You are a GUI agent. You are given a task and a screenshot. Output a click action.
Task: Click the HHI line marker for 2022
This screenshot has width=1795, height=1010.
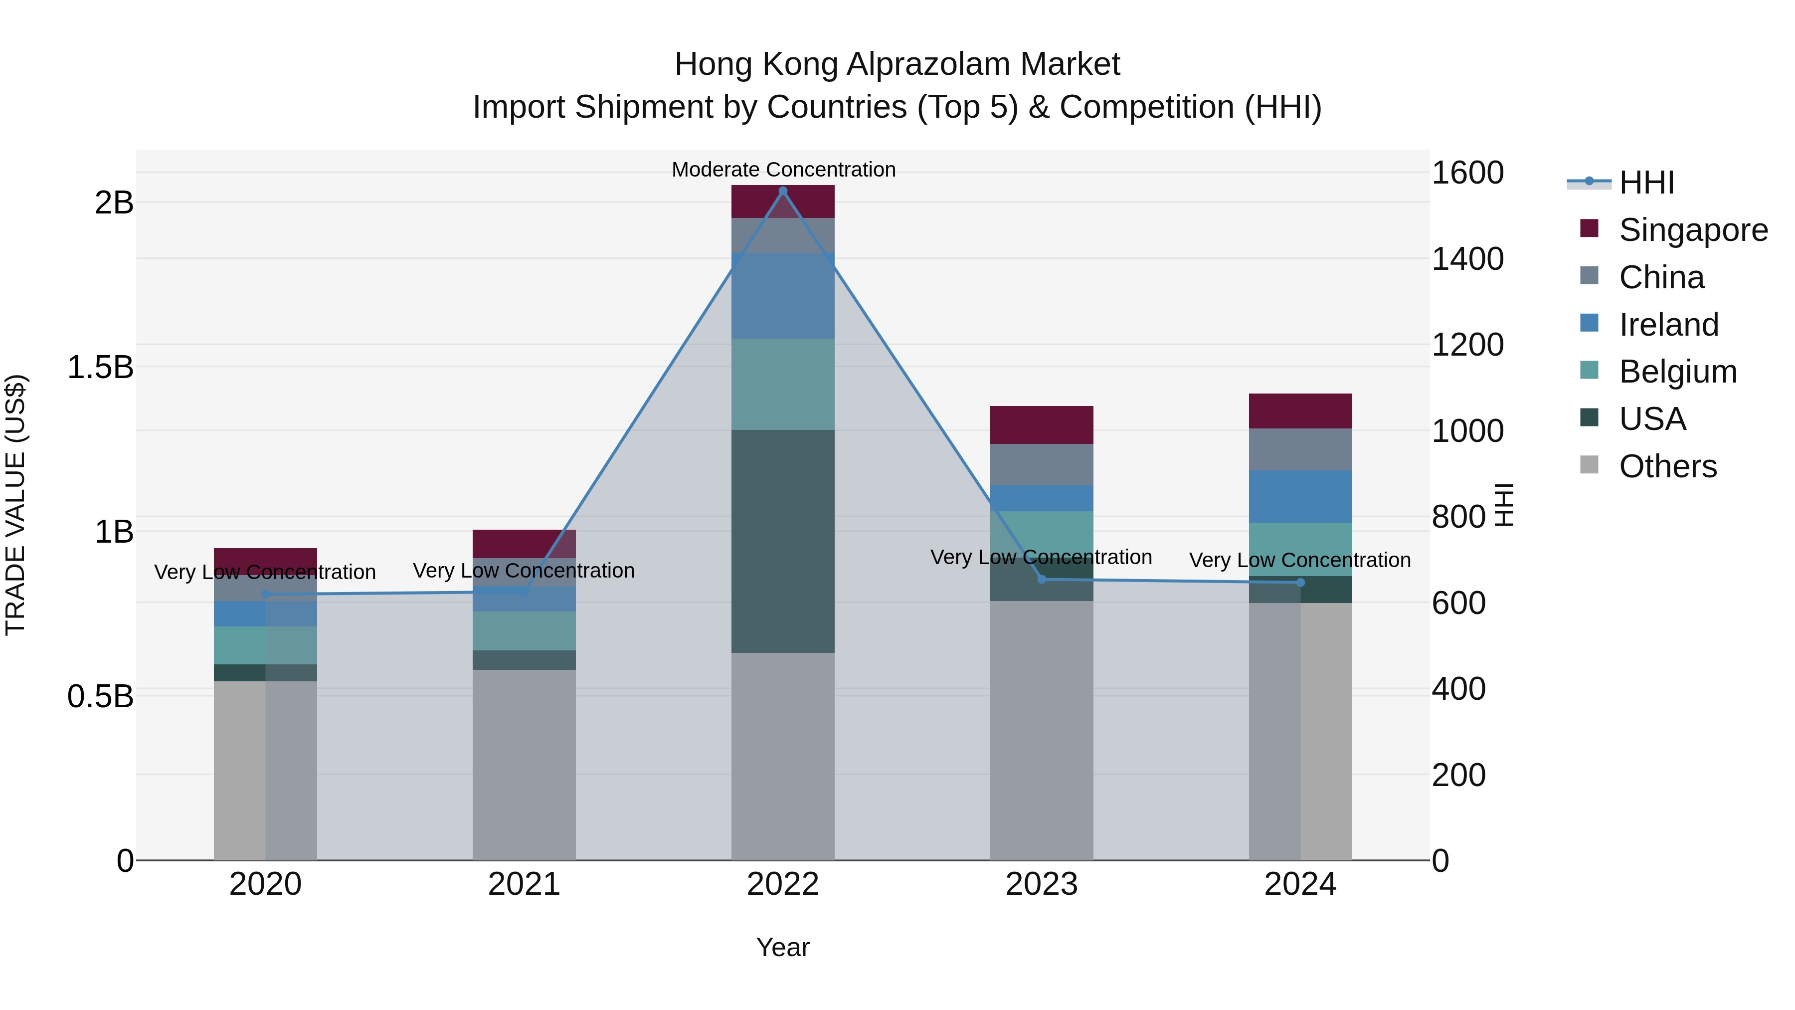[782, 191]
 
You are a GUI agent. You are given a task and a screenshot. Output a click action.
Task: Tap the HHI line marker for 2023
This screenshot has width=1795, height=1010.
[1042, 579]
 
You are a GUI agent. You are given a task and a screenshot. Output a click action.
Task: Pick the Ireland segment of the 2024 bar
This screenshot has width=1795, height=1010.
[1300, 496]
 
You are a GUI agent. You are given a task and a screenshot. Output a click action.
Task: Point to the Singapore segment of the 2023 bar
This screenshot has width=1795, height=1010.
[1042, 424]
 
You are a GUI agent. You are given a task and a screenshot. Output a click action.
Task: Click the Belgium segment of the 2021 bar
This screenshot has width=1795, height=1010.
[524, 631]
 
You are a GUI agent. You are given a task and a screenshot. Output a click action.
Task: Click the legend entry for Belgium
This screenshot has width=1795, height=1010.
[1677, 372]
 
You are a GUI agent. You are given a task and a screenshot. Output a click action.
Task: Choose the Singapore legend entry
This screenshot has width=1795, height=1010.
[1693, 230]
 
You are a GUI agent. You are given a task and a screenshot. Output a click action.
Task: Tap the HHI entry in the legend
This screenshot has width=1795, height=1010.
[1646, 183]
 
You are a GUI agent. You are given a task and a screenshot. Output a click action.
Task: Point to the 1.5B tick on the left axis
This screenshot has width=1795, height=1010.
[100, 367]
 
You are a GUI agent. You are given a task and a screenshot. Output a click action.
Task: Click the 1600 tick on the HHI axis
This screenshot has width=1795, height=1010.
[1467, 173]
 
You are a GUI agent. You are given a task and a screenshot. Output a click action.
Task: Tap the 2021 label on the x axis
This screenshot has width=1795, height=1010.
[524, 884]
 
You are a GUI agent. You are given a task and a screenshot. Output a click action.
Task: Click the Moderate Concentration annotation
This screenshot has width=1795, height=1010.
[783, 170]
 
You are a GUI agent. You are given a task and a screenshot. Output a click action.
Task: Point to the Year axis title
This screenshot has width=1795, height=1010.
[782, 947]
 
